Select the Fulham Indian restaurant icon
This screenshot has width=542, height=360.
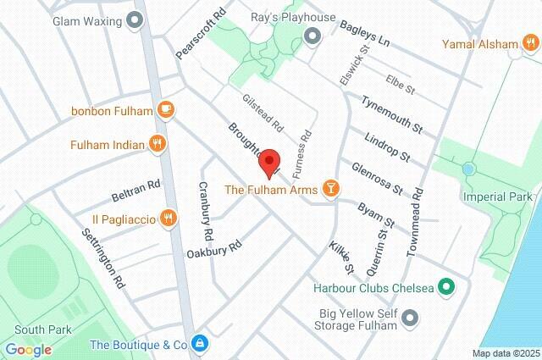pyautogui.click(x=156, y=144)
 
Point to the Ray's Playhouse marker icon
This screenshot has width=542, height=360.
pyautogui.click(x=312, y=36)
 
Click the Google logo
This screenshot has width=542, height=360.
pyautogui.click(x=28, y=349)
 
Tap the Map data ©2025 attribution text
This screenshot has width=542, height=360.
pyautogui.click(x=506, y=353)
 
